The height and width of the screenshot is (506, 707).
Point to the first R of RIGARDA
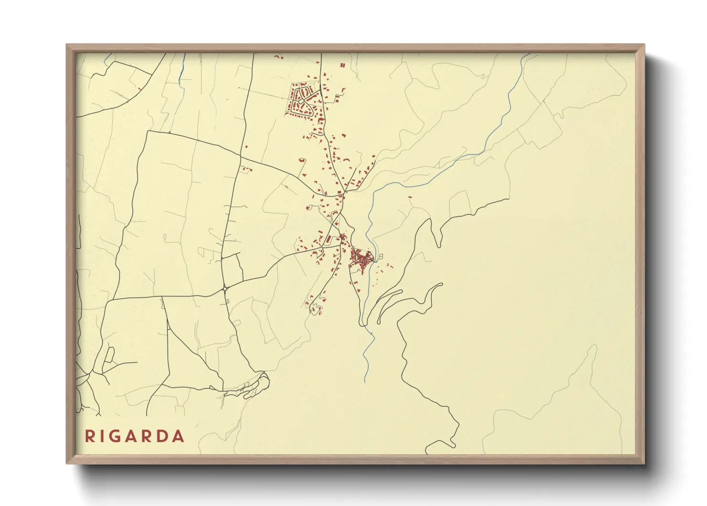pyautogui.click(x=90, y=436)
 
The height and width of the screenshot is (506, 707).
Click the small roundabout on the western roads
pyautogui.click(x=225, y=289)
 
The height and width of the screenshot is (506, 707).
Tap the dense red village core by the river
pyautogui.click(x=362, y=259)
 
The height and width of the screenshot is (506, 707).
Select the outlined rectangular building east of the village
pyautogui.click(x=380, y=257)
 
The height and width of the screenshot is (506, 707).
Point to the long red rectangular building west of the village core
pyautogui.click(x=329, y=238)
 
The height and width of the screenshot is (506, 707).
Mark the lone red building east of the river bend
pyautogui.click(x=410, y=197)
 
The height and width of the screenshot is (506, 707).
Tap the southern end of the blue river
pyautogui.click(x=364, y=381)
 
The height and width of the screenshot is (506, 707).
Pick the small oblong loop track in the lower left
pyautogui.click(x=109, y=355)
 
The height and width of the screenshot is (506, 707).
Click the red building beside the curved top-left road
pyautogui.click(x=139, y=88)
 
